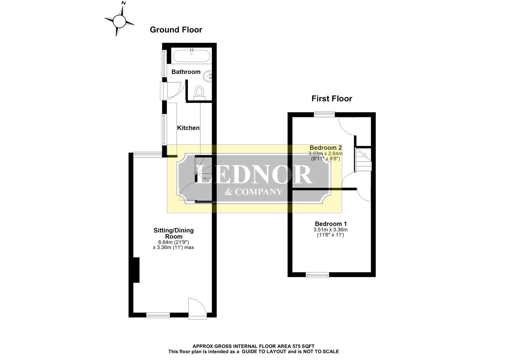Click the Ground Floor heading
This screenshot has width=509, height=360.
pyautogui.click(x=176, y=30)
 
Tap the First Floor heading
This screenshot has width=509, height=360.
pyautogui.click(x=332, y=99)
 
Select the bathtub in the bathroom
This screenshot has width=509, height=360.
pyautogui.click(x=191, y=56)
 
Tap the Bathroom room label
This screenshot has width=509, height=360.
pyautogui.click(x=186, y=72)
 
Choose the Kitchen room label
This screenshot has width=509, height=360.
pyautogui.click(x=188, y=128)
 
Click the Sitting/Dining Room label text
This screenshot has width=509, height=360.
pyautogui.click(x=174, y=233)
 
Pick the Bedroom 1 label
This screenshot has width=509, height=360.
pyautogui.click(x=331, y=224)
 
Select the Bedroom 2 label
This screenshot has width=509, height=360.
pyautogui.click(x=326, y=147)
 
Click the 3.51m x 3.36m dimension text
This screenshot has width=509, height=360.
pyautogui.click(x=330, y=230)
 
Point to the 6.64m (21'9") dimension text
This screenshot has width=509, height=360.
pyautogui.click(x=174, y=242)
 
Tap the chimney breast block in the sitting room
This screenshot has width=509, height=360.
pyautogui.click(x=136, y=270)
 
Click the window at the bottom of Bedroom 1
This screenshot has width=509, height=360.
pyautogui.click(x=317, y=275)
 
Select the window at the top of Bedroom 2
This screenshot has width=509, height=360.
pyautogui.click(x=324, y=114)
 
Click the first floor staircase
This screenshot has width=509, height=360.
pyautogui.click(x=363, y=160)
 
